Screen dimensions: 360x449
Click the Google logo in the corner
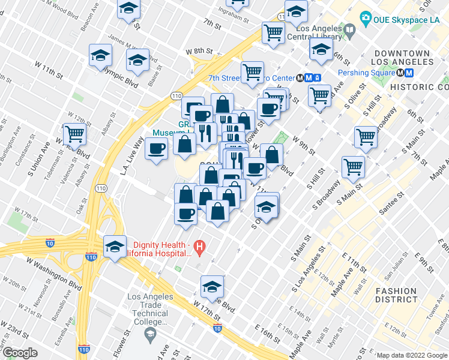pyautogui.click(x=20, y=353)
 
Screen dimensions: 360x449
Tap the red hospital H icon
pyautogui.click(x=200, y=246)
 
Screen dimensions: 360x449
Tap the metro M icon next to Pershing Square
pyautogui.click(x=408, y=73)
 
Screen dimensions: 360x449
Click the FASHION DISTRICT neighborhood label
pyautogui.click(x=396, y=295)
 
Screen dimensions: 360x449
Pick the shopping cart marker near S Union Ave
pyautogui.click(x=75, y=134)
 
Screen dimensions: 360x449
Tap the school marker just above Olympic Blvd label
pyautogui.click(x=138, y=61)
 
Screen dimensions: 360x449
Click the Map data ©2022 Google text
pyautogui.click(x=412, y=355)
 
